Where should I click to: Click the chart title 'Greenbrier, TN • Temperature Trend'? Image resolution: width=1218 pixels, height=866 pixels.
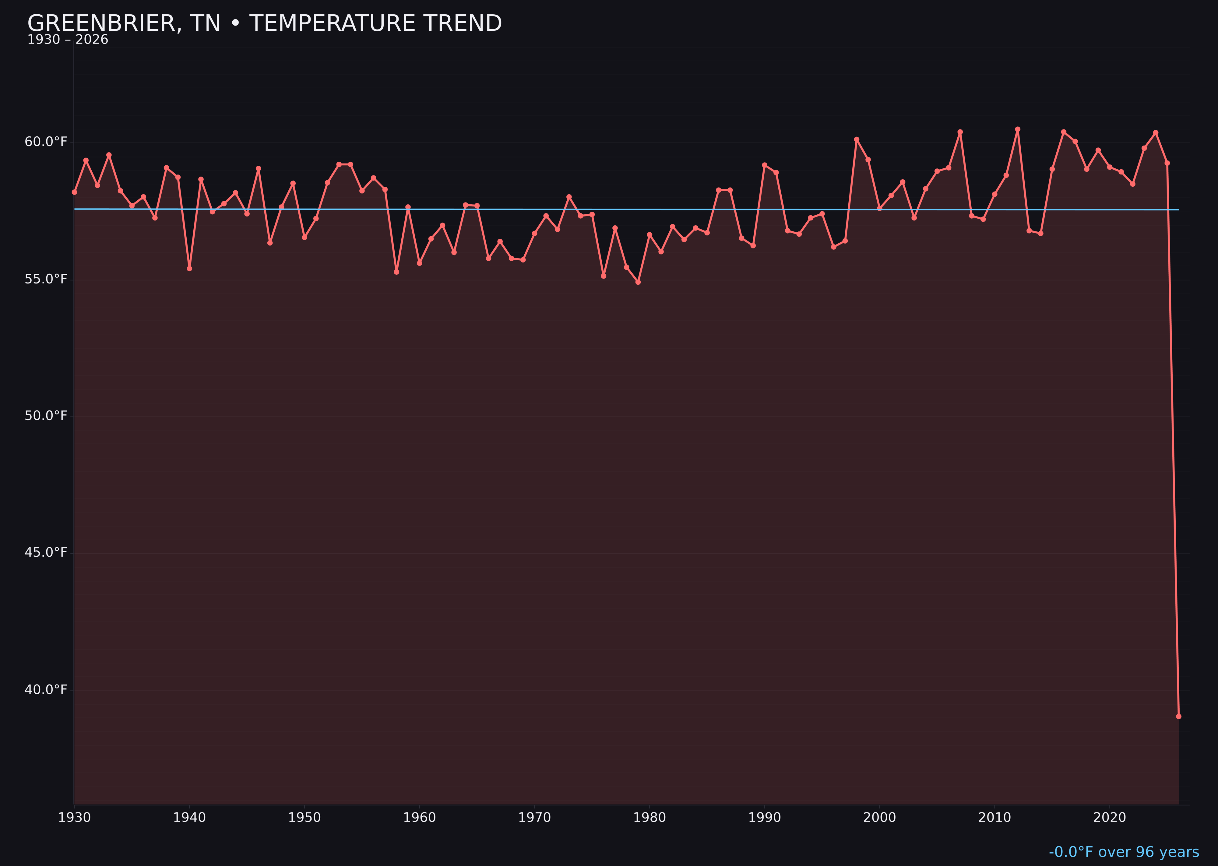coord(265,23)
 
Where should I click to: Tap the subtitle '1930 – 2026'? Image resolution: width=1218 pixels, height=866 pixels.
coord(68,40)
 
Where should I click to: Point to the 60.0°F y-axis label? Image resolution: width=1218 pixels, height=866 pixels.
coord(46,142)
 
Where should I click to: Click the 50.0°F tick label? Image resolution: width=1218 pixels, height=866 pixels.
coord(46,416)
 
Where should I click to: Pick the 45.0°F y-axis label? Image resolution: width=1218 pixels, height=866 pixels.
coord(46,552)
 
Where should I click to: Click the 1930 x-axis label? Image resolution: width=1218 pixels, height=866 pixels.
coord(74,818)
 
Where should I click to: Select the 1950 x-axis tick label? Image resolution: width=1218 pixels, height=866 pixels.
coord(304,818)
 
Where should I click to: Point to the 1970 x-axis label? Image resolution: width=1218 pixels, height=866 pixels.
coord(534,818)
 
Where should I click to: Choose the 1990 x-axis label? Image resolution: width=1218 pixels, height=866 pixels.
coord(765,818)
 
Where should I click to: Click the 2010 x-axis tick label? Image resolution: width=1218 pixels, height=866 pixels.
coord(994,818)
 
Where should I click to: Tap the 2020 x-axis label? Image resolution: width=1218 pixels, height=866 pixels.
coord(1110,818)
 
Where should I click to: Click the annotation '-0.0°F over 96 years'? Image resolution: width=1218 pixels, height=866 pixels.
coord(1124,852)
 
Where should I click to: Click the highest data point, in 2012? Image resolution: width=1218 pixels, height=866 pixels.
coord(1018,129)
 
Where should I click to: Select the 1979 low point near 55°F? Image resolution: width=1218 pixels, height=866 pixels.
coord(638,282)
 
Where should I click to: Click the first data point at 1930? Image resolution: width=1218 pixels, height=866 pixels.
coord(74,192)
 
